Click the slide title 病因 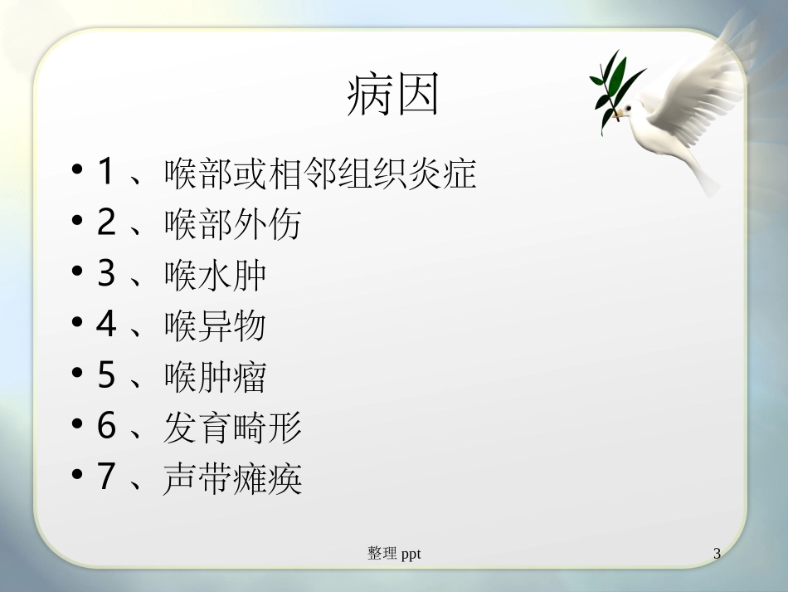click(392, 96)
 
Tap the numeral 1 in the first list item click(105, 174)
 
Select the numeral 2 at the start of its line click(105, 224)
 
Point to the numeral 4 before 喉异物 click(105, 325)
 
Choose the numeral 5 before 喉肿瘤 click(105, 376)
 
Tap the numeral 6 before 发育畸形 click(105, 427)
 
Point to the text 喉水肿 click(215, 276)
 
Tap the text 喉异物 click(215, 326)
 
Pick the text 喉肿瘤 click(215, 377)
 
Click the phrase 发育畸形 click(232, 428)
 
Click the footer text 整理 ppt click(394, 553)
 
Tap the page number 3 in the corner click(717, 553)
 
